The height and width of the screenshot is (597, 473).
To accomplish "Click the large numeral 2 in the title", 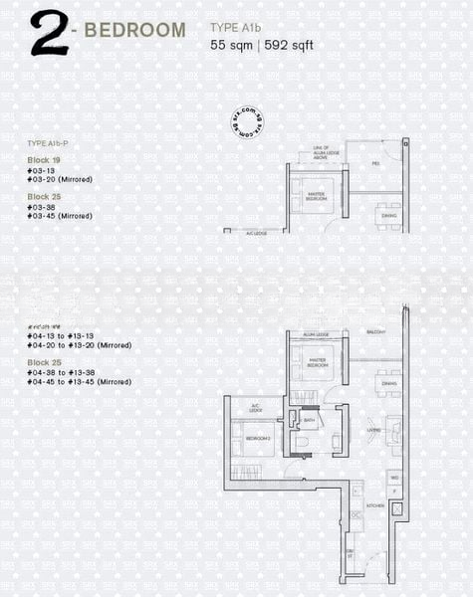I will (x=47, y=32).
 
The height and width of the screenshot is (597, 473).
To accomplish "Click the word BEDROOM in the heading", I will (x=134, y=30).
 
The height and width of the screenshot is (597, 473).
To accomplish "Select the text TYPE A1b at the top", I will (x=236, y=29).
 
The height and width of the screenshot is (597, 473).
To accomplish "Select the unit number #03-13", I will (x=42, y=170).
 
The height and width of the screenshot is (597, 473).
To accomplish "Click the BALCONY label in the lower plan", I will (x=375, y=333).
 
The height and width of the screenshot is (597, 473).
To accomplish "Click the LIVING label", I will (x=373, y=431).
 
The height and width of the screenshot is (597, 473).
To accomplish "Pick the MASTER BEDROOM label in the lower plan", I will (x=318, y=363).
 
